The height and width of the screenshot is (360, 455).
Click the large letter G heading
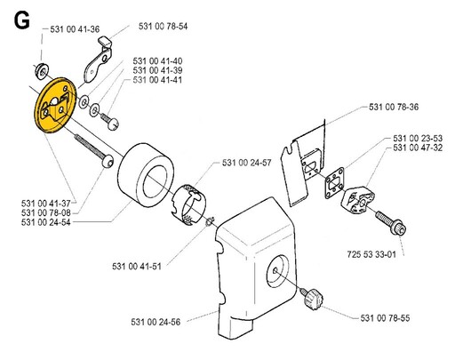point(21,21)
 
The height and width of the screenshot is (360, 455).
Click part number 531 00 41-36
point(75,29)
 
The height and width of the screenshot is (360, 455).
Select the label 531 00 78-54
point(164,26)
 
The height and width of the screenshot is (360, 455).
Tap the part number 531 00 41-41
point(157,80)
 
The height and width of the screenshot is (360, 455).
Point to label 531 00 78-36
point(394,107)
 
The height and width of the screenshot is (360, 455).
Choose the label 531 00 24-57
point(247,163)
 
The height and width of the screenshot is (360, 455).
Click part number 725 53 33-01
point(371,254)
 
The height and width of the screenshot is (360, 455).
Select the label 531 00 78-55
point(385,318)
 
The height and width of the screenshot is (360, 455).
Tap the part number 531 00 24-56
point(156,322)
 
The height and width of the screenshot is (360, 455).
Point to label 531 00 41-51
point(137,266)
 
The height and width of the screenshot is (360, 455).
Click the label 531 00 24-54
point(46,222)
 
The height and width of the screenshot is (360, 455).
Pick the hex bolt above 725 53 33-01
point(391,223)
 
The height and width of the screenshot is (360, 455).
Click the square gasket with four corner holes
point(334,183)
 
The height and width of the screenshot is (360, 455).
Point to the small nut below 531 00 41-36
point(41,71)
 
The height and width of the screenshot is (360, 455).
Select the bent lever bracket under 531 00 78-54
point(99,60)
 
